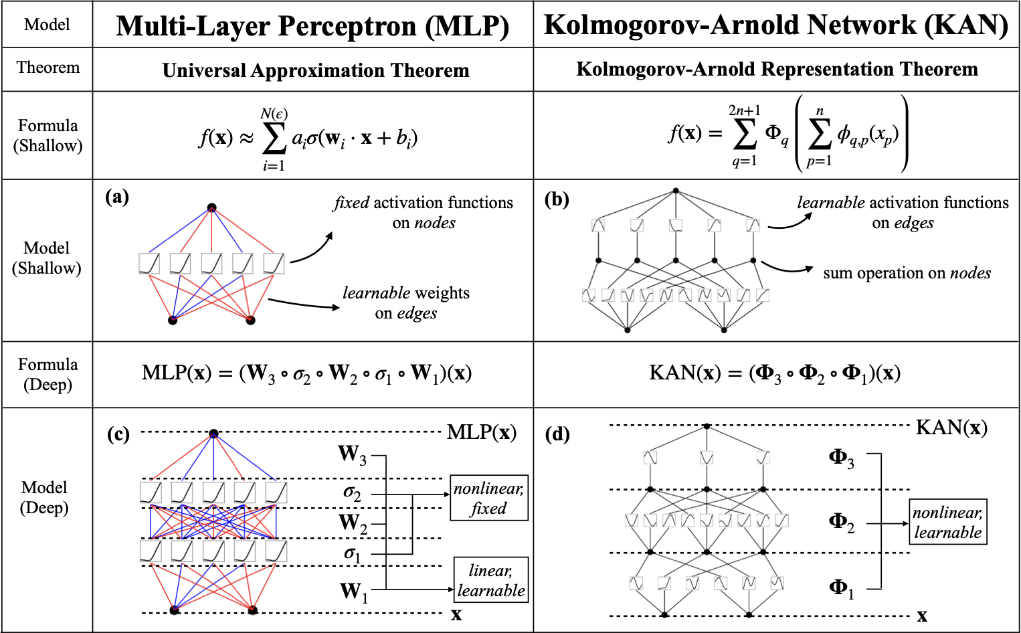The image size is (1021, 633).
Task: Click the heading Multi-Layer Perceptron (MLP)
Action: (312, 25)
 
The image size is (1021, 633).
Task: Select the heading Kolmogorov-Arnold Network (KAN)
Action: (776, 25)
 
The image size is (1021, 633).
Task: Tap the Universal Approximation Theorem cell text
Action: (316, 70)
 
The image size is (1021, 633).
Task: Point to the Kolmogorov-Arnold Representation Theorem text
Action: (777, 70)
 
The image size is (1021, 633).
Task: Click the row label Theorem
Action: (48, 68)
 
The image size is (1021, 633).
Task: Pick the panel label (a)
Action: (117, 197)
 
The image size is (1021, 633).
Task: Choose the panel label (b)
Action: (557, 199)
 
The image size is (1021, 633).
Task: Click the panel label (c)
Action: (118, 434)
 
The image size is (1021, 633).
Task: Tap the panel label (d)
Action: (557, 434)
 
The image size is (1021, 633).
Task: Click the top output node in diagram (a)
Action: (211, 208)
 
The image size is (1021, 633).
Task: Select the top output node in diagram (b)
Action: (676, 191)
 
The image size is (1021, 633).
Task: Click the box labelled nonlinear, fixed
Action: (489, 498)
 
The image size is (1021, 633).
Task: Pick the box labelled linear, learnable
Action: (491, 579)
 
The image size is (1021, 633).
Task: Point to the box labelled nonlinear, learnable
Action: (948, 522)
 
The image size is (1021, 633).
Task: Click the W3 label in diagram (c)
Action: (352, 455)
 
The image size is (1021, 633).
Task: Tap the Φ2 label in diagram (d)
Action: (842, 523)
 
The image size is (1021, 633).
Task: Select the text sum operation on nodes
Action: (907, 273)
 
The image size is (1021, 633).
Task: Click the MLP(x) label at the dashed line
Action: (482, 432)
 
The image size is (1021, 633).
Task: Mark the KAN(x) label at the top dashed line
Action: (951, 428)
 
